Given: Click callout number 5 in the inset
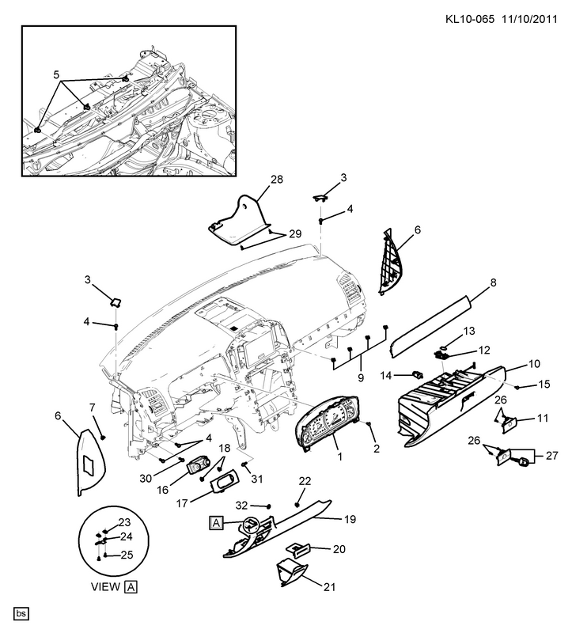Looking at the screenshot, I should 55,74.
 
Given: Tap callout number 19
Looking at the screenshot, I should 350,520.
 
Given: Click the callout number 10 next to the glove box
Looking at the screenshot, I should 534,365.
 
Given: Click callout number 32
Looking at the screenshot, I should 243,505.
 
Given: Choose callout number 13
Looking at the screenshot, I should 469,330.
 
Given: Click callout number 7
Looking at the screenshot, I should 92,407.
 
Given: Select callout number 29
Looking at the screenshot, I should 295,234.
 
